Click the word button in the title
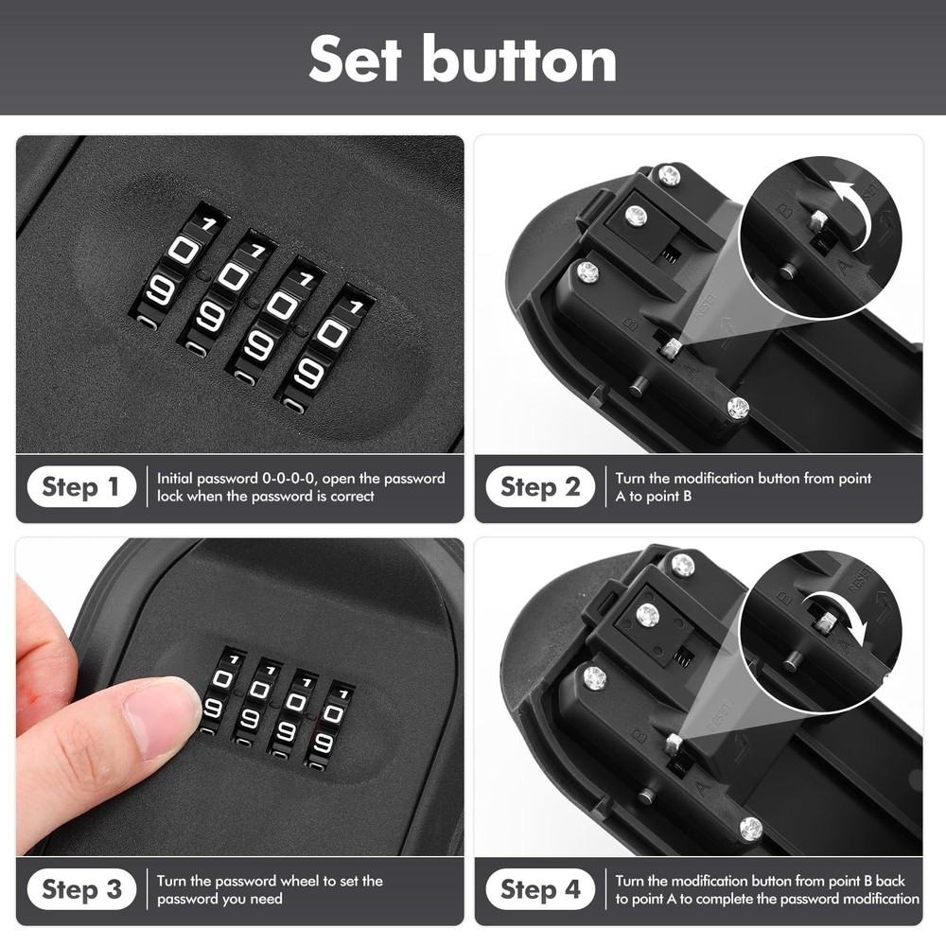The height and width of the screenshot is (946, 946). click(519, 59)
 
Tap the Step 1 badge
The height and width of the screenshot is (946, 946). click(81, 487)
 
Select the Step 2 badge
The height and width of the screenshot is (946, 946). click(540, 487)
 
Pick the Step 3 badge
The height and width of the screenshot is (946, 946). click(81, 889)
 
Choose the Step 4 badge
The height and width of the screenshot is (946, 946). click(540, 889)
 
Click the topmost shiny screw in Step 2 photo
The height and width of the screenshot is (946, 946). click(669, 174)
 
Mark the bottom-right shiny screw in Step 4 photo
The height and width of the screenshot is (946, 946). click(750, 829)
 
